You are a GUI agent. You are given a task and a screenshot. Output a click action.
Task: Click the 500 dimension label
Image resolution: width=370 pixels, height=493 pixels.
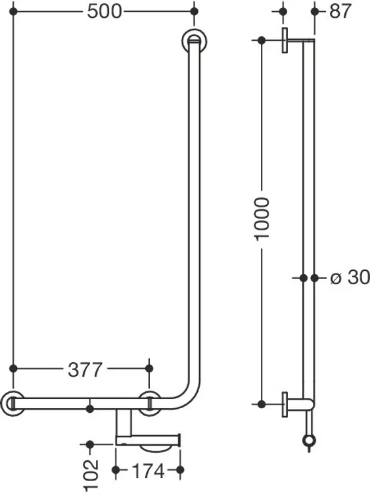point(104,12)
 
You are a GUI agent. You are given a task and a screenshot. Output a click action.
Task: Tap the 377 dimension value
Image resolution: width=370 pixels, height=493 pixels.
point(85,369)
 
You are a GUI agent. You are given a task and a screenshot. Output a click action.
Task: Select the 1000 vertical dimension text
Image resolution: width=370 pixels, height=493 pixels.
point(262,219)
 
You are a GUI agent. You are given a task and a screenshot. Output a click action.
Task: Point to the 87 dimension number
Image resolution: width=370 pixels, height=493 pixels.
point(340,12)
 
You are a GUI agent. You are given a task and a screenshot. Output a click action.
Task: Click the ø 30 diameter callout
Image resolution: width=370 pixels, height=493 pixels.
point(350,277)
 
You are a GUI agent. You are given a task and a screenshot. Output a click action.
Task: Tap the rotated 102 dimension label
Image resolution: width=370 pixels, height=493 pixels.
point(91,475)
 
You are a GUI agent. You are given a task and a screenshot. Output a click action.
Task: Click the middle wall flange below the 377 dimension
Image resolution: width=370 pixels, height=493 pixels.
point(150,404)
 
